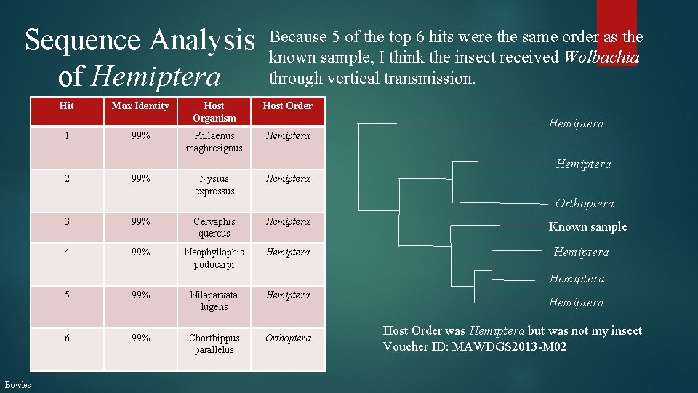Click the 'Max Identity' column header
point(140,106)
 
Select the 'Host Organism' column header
point(214,111)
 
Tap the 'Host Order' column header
point(287,106)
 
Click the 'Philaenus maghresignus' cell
point(214,142)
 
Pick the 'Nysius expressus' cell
point(214,185)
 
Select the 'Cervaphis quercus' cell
point(214,227)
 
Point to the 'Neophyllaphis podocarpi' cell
point(214,258)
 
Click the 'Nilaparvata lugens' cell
point(214,301)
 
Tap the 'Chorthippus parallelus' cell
point(214,344)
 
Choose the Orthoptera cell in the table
point(287,338)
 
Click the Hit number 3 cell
point(66,221)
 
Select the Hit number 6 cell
point(66,338)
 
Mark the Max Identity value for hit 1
point(140,136)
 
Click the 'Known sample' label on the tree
point(587,226)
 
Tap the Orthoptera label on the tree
point(585,204)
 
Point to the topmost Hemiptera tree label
point(576,124)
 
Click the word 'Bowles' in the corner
point(17,384)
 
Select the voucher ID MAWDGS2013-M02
point(509,347)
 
